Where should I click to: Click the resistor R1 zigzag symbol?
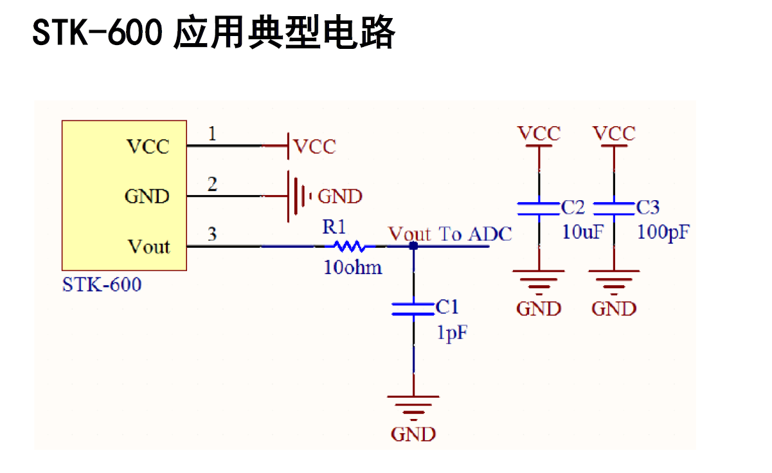[x=348, y=246]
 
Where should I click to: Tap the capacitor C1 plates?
[x=413, y=309]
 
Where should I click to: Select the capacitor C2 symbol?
[x=539, y=208]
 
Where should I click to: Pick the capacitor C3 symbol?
[x=614, y=208]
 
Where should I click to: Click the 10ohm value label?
[x=353, y=268]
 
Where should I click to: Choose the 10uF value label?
[x=583, y=232]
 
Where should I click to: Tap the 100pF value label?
[x=663, y=232]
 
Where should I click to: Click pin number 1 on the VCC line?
[x=212, y=134]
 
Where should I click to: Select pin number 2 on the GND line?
[x=212, y=184]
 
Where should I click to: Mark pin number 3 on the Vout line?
[x=212, y=234]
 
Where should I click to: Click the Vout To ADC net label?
[x=450, y=234]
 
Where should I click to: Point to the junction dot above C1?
[x=413, y=246]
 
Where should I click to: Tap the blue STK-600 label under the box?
[x=102, y=284]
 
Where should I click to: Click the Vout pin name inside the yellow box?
[x=148, y=246]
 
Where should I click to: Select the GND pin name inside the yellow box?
[x=147, y=196]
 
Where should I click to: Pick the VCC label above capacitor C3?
[x=614, y=134]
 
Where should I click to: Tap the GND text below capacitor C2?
[x=539, y=309]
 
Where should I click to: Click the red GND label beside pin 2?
[x=340, y=196]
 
